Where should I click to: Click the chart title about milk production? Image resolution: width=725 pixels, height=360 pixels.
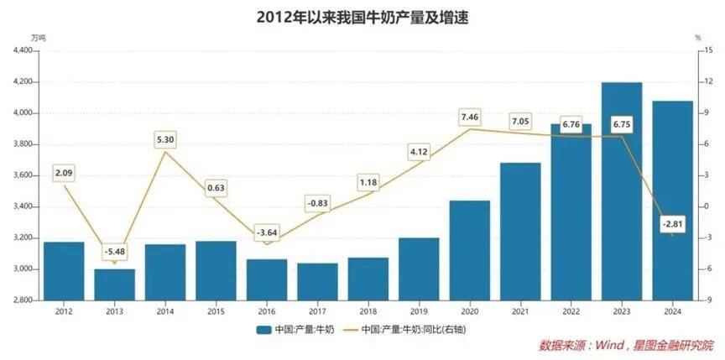(362, 17)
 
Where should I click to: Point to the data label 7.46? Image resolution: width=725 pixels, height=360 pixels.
(470, 116)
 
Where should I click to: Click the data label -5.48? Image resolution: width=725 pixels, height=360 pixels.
(114, 251)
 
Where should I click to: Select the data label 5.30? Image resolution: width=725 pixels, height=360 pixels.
(165, 139)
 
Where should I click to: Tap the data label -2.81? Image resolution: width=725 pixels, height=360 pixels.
(672, 223)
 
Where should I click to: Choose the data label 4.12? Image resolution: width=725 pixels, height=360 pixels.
(419, 151)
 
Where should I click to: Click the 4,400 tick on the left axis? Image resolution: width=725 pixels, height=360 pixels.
(23, 50)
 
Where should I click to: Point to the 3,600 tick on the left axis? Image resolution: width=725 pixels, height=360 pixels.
(23, 175)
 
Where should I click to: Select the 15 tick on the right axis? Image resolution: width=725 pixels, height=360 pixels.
(708, 50)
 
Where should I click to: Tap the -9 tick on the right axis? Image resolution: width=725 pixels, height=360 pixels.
(708, 300)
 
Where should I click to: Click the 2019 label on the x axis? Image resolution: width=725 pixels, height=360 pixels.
(419, 310)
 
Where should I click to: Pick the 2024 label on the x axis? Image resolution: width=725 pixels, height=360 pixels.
(672, 310)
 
